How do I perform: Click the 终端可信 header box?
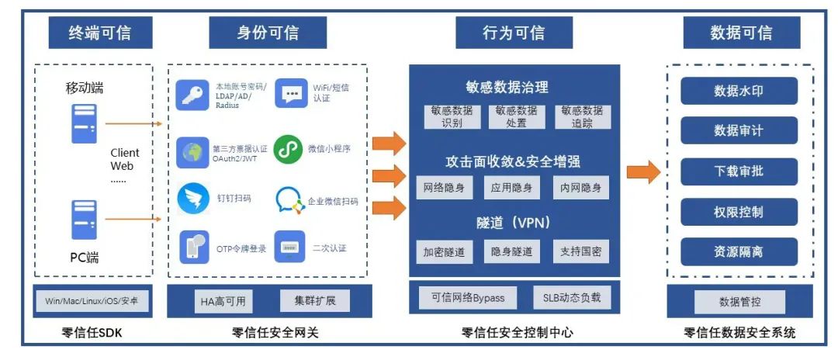pos(99,33)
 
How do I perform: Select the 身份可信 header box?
pos(267,33)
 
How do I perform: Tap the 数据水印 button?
pos(739,91)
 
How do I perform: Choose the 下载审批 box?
pos(739,171)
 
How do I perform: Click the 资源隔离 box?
pos(739,251)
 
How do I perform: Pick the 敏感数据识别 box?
pos(452,117)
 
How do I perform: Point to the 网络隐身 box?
pos(445,188)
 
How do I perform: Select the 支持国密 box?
pos(581,252)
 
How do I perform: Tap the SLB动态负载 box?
pos(572,298)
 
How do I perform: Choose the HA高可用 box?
pos(224,300)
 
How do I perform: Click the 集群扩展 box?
pos(315,300)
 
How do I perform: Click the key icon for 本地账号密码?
pos(192,95)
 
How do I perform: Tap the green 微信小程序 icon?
pos(289,148)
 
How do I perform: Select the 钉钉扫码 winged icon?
pos(193,199)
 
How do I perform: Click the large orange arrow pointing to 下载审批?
pos(642,171)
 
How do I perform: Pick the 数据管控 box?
pos(739,301)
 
